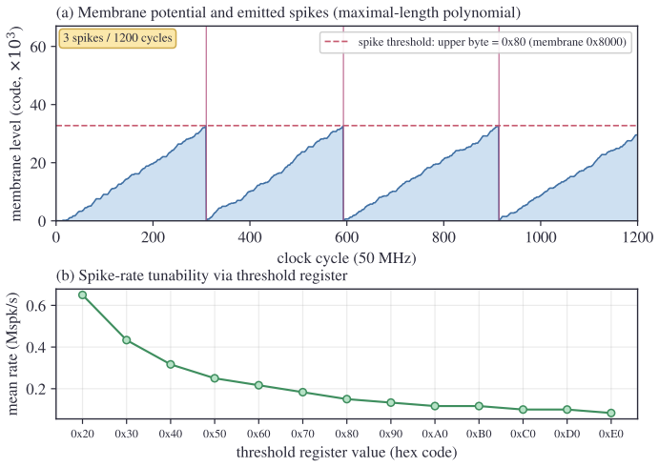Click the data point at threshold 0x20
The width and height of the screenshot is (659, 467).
(x=82, y=295)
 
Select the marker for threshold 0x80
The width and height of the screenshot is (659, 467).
(x=347, y=399)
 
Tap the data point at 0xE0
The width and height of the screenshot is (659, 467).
(x=611, y=413)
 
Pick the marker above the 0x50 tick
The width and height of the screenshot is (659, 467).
(x=215, y=378)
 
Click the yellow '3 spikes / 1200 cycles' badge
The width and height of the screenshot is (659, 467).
(x=117, y=38)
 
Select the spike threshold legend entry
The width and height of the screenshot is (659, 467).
(x=476, y=42)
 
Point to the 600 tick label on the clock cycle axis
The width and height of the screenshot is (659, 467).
(x=346, y=237)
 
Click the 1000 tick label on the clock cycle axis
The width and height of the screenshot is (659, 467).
(x=541, y=237)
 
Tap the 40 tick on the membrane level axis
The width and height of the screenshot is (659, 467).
(x=38, y=105)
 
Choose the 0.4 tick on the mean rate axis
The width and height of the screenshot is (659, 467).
(x=35, y=347)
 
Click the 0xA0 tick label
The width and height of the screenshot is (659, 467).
(x=435, y=434)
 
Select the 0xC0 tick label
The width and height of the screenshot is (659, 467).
(x=523, y=434)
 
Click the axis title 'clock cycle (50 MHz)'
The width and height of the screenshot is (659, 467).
(x=346, y=257)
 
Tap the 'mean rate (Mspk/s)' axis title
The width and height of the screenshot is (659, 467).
(x=14, y=354)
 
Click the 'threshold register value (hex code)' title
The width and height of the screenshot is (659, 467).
(x=346, y=453)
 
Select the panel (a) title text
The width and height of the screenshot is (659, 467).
(x=288, y=12)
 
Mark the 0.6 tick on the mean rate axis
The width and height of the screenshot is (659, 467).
(x=35, y=305)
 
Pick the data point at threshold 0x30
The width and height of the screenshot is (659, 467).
(x=127, y=340)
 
